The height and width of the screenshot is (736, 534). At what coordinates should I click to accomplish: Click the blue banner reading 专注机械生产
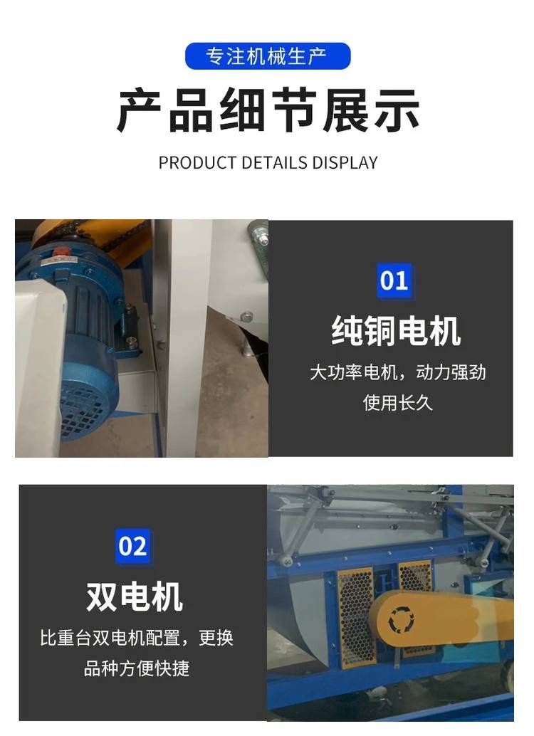268,56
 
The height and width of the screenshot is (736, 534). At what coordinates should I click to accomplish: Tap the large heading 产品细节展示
268,111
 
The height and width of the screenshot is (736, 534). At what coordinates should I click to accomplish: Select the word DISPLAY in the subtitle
345,163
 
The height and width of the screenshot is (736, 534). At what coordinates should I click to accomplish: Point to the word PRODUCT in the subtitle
198,163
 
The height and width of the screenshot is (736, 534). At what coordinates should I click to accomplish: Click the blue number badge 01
394,280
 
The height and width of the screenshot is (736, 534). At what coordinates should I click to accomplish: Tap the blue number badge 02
133,547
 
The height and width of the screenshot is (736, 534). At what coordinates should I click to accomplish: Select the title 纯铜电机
396,331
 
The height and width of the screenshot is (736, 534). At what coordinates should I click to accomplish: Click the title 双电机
135,596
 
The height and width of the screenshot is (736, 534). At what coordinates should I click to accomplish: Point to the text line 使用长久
397,403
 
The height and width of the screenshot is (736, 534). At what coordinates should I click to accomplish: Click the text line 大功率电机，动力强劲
397,373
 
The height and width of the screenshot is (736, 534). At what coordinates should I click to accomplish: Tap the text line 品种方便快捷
137,668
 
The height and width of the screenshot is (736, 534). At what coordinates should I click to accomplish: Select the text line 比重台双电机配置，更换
137,638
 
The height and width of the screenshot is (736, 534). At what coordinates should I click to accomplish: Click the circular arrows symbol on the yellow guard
401,619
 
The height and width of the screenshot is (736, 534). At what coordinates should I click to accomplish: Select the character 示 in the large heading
397,111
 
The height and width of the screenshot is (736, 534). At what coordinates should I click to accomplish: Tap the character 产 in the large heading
140,111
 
